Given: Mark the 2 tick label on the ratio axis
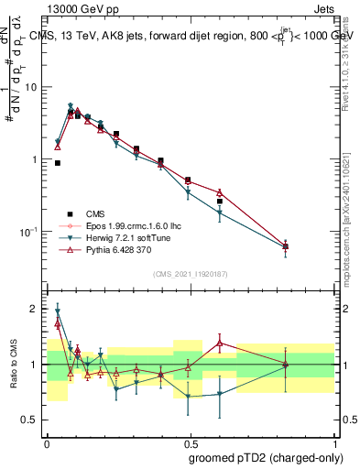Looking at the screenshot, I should coord(37,309).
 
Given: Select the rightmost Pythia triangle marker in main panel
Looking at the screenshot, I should coord(286,246).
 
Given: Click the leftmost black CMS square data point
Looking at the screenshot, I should coord(58,163).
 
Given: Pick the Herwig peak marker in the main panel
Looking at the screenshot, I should coord(71,106).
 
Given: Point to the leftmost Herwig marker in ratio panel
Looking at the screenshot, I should coord(58,311).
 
